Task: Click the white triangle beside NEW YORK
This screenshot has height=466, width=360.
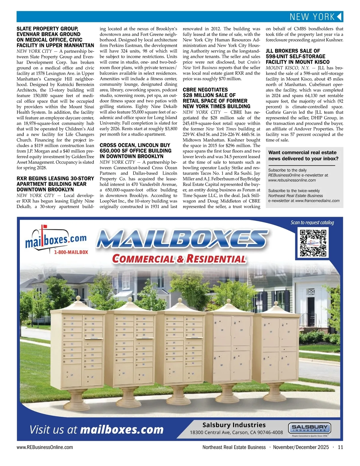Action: pos(339,17)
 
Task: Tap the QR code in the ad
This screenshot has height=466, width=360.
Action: pos(313,243)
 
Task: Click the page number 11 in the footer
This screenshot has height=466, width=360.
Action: pos(340,447)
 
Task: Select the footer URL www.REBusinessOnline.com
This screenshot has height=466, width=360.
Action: pos(45,447)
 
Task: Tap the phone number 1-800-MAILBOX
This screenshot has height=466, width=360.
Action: pos(71,252)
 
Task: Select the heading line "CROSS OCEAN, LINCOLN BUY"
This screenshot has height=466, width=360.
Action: pos(135,145)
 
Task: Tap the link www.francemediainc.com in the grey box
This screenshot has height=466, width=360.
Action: pos(317,201)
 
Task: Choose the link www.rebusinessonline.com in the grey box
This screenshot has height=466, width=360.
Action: pos(292,180)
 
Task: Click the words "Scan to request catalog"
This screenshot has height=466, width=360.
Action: pos(312,223)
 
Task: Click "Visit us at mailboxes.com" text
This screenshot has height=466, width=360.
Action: pos(97,430)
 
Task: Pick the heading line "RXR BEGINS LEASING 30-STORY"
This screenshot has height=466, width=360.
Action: pos(55,179)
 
